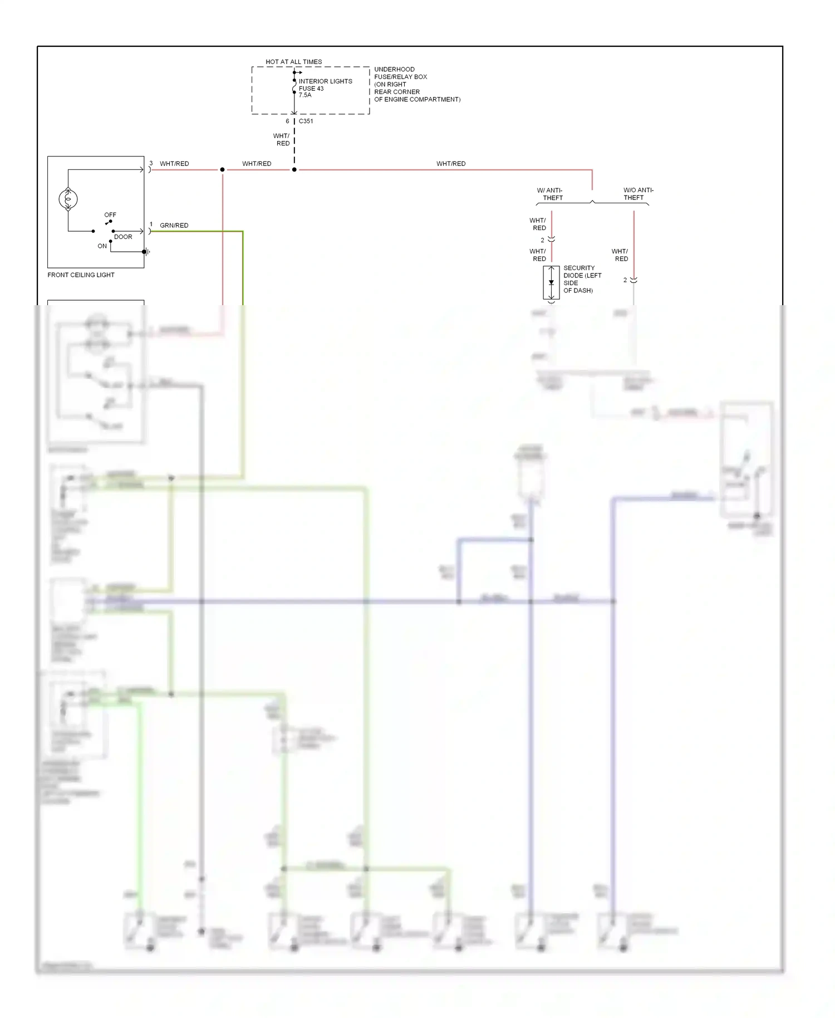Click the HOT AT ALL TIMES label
coord(293,62)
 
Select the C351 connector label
coord(306,121)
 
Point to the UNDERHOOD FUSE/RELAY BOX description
coord(416,84)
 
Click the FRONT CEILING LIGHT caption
coord(81,275)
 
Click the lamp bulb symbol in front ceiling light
coord(68,199)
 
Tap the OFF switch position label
coord(110,214)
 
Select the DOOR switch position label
coord(123,237)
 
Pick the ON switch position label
coord(102,246)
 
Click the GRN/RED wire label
coord(174,225)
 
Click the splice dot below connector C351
coord(294,169)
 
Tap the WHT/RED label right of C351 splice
coord(450,163)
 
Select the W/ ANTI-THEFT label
coord(550,194)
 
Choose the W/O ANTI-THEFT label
coord(637,194)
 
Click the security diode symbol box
coord(551,282)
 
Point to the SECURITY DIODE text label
coord(582,278)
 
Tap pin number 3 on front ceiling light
coord(151,163)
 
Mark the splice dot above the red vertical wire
coord(222,169)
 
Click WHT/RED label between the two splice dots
coord(257,163)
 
